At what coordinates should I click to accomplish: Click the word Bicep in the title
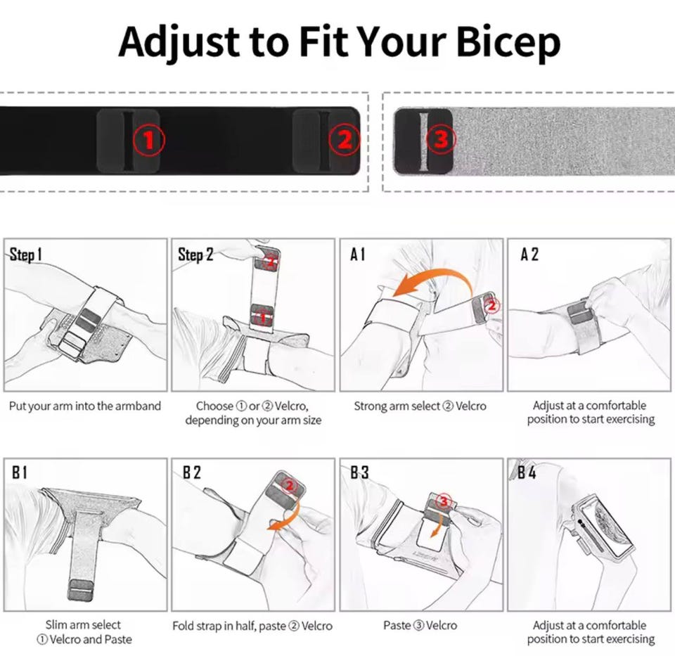(508, 43)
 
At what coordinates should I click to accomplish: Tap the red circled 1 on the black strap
(148, 140)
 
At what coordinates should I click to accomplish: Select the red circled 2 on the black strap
(345, 139)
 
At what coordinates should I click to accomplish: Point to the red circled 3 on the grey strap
(441, 139)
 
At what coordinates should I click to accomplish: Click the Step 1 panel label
(26, 255)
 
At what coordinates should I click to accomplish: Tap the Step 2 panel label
(195, 255)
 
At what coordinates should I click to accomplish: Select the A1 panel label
(357, 255)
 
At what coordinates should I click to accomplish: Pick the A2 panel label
(529, 255)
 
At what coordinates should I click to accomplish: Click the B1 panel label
(20, 472)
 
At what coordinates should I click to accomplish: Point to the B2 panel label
(192, 472)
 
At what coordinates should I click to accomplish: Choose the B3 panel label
(359, 472)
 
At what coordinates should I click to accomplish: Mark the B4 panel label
(527, 472)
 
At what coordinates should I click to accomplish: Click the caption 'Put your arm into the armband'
(85, 406)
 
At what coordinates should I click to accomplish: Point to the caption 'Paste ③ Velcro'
(420, 625)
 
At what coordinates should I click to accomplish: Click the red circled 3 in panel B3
(443, 501)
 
